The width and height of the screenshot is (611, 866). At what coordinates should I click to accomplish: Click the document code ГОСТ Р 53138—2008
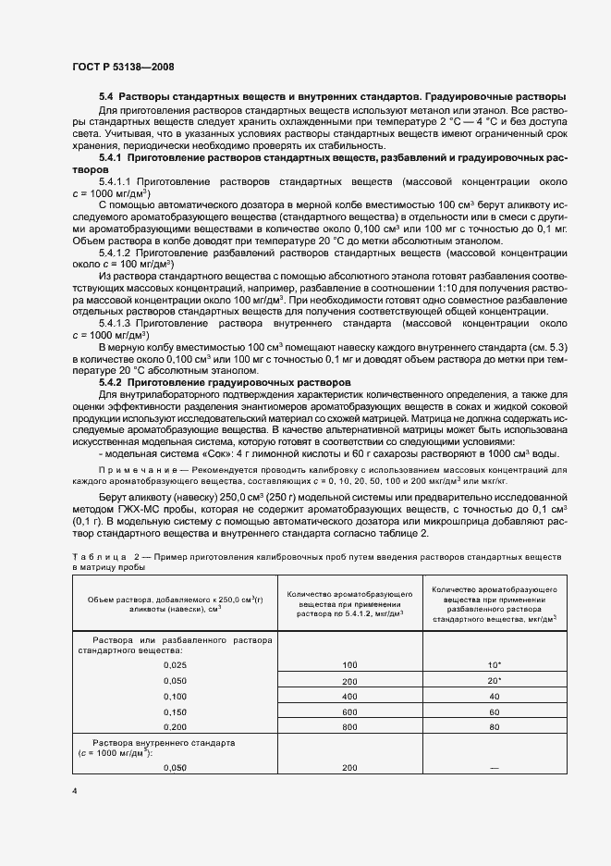click(x=121, y=67)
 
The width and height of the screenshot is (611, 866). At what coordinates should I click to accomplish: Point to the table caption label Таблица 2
click(x=104, y=555)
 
